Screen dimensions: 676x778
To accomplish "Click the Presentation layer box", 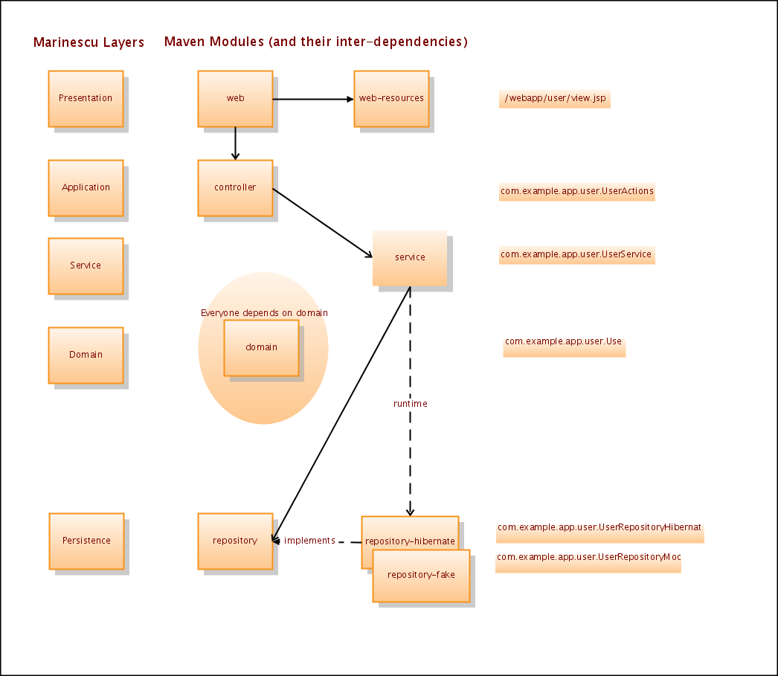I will click(x=86, y=98).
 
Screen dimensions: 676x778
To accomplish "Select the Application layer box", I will click(x=86, y=187).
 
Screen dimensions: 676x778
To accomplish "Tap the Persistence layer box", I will click(x=86, y=541).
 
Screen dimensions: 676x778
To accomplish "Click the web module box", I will click(x=235, y=98).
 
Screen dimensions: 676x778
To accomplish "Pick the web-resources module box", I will click(x=391, y=98).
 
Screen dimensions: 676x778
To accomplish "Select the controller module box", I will click(x=235, y=187).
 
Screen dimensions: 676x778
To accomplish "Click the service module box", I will click(x=410, y=257).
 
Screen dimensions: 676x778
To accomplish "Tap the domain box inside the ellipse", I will click(x=261, y=347).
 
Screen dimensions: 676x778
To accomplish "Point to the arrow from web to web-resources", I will click(x=312, y=99).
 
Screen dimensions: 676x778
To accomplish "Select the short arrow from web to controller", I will click(x=235, y=143).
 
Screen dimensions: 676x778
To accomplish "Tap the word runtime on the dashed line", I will click(x=411, y=404).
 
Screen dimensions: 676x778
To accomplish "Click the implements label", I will click(x=309, y=541).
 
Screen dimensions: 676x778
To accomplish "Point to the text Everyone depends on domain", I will click(x=264, y=313).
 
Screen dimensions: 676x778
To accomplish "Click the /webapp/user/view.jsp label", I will click(x=554, y=98).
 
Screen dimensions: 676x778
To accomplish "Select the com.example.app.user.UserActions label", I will click(x=577, y=191).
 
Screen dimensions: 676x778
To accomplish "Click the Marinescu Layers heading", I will click(x=89, y=42).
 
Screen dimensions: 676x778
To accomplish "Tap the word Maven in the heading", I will click(x=184, y=42).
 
